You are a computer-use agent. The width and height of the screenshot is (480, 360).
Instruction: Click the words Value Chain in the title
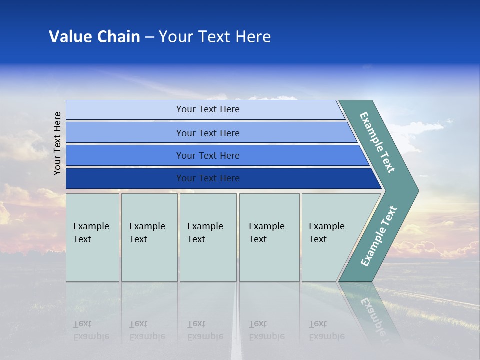(94, 37)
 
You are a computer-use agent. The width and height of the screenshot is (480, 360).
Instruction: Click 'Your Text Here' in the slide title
(215, 37)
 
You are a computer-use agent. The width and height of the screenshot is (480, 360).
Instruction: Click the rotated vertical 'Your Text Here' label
(58, 143)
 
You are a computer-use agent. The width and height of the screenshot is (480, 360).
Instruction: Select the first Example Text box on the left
(92, 237)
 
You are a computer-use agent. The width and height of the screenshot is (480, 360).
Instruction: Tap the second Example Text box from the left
(149, 237)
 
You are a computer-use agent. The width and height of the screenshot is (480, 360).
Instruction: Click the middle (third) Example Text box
(208, 237)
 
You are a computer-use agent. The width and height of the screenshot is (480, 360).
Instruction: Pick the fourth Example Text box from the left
(269, 237)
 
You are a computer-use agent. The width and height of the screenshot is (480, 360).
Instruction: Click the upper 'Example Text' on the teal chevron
(377, 142)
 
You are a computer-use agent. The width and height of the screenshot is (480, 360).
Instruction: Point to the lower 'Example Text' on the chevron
(379, 236)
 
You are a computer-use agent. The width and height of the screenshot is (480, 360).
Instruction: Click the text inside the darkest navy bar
(208, 178)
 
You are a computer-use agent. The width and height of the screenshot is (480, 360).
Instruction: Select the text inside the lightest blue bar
(208, 109)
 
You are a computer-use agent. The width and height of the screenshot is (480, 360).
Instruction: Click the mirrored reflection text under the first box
(91, 330)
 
